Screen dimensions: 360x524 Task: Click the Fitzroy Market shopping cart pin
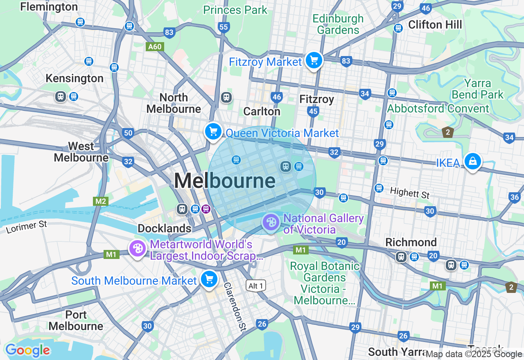(314, 61)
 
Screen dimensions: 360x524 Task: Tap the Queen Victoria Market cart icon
(213, 132)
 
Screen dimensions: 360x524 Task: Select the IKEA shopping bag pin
(472, 162)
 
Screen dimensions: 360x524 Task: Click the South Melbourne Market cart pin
(209, 280)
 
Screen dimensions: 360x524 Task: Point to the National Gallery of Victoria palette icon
(271, 223)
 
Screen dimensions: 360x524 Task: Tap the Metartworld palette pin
(138, 249)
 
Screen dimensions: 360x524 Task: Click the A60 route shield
(155, 47)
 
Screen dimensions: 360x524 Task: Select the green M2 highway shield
(101, 201)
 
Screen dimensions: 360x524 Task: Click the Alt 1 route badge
(256, 286)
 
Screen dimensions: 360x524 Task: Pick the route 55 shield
(224, 27)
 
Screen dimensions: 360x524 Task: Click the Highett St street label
(410, 192)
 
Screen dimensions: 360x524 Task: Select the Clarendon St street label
(235, 306)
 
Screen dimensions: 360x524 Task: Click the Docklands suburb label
(165, 228)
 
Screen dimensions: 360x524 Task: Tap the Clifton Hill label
(435, 25)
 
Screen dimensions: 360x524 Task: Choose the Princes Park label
(235, 10)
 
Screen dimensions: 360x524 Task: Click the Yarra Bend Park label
(478, 89)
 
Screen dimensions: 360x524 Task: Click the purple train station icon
(206, 209)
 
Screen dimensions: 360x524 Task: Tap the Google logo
(27, 351)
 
